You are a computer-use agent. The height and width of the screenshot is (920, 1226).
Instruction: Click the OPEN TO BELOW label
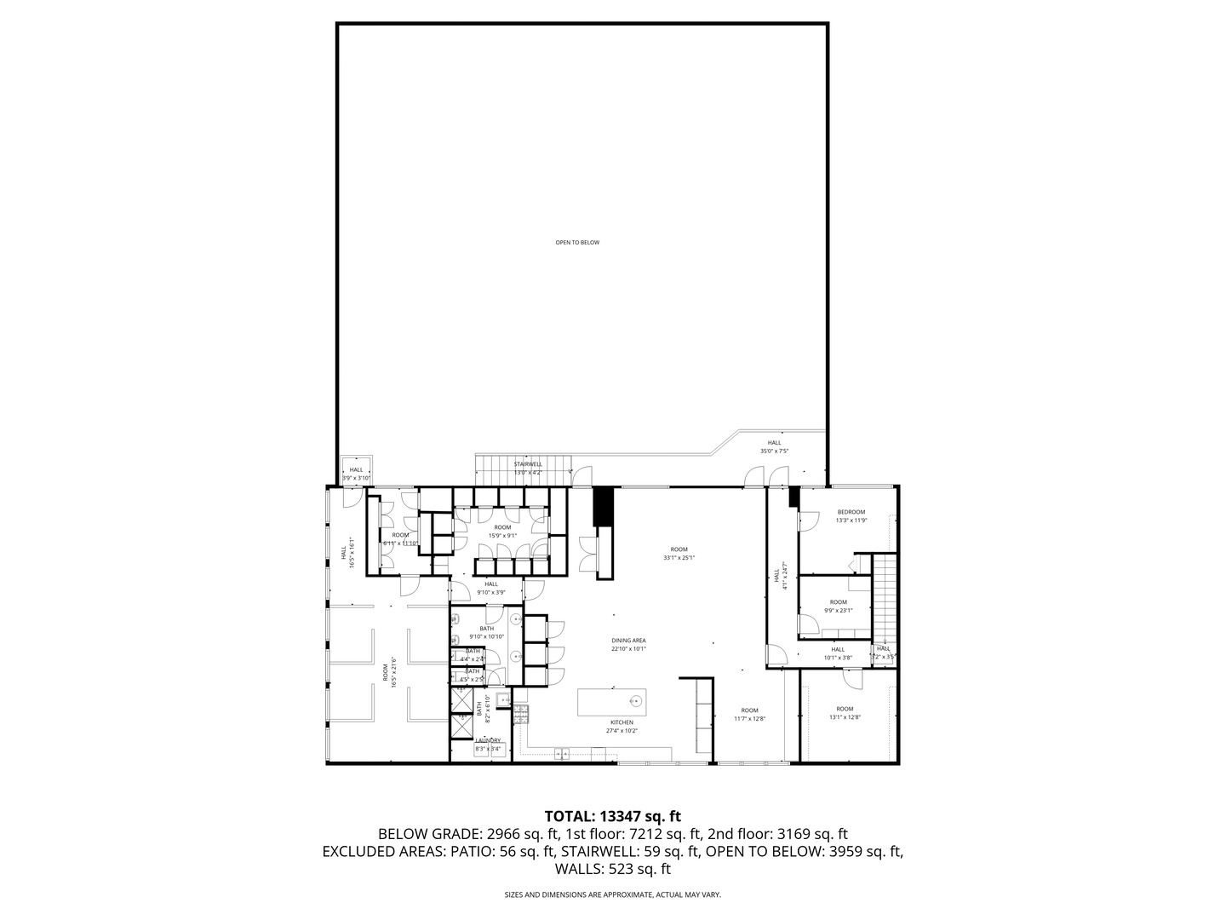tap(577, 243)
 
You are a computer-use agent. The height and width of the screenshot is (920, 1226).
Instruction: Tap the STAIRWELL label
tap(528, 464)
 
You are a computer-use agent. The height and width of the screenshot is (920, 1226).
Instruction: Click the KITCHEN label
tap(622, 722)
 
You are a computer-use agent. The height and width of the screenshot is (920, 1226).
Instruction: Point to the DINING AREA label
tap(628, 641)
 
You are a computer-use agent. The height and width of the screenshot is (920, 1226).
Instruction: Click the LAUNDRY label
tap(488, 741)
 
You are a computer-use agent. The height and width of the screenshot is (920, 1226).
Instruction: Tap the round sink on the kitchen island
tap(634, 702)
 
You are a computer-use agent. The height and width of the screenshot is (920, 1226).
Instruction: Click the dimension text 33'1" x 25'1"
tap(679, 558)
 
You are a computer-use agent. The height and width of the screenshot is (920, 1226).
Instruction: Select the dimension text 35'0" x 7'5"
tap(774, 451)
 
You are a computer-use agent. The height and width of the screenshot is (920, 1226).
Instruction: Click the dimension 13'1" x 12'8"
tap(845, 717)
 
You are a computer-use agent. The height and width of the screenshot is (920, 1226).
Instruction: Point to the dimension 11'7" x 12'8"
tap(749, 718)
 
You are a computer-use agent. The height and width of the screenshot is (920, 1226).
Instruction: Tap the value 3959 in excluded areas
tap(848, 851)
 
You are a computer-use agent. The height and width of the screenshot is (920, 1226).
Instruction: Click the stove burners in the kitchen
tap(521, 710)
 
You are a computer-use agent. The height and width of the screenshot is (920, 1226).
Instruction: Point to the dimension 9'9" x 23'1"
tap(838, 610)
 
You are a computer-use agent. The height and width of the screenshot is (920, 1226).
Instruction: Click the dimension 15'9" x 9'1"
tap(501, 536)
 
